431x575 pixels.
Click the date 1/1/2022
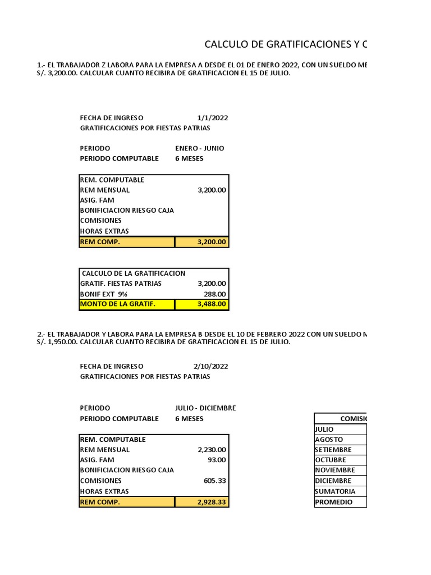click(213, 118)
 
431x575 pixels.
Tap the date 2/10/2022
click(210, 366)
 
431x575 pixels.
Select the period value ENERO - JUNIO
click(199, 148)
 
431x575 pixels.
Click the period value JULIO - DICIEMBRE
click(205, 408)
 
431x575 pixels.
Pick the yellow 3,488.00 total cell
click(201, 304)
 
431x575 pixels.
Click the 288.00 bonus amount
click(215, 294)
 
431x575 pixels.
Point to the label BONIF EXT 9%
click(104, 294)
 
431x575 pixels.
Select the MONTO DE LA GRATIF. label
click(117, 304)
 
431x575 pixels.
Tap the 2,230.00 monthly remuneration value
click(212, 449)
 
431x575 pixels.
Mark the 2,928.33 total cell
click(201, 502)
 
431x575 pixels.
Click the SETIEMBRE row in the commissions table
click(333, 450)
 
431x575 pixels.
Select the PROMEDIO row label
click(334, 502)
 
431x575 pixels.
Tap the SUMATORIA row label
click(335, 491)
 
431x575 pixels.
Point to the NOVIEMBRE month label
click(335, 470)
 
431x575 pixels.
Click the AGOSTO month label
click(329, 440)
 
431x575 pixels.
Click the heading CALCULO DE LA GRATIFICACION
click(133, 273)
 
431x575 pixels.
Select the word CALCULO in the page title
click(224, 44)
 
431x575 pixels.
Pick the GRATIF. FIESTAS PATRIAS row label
click(121, 284)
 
